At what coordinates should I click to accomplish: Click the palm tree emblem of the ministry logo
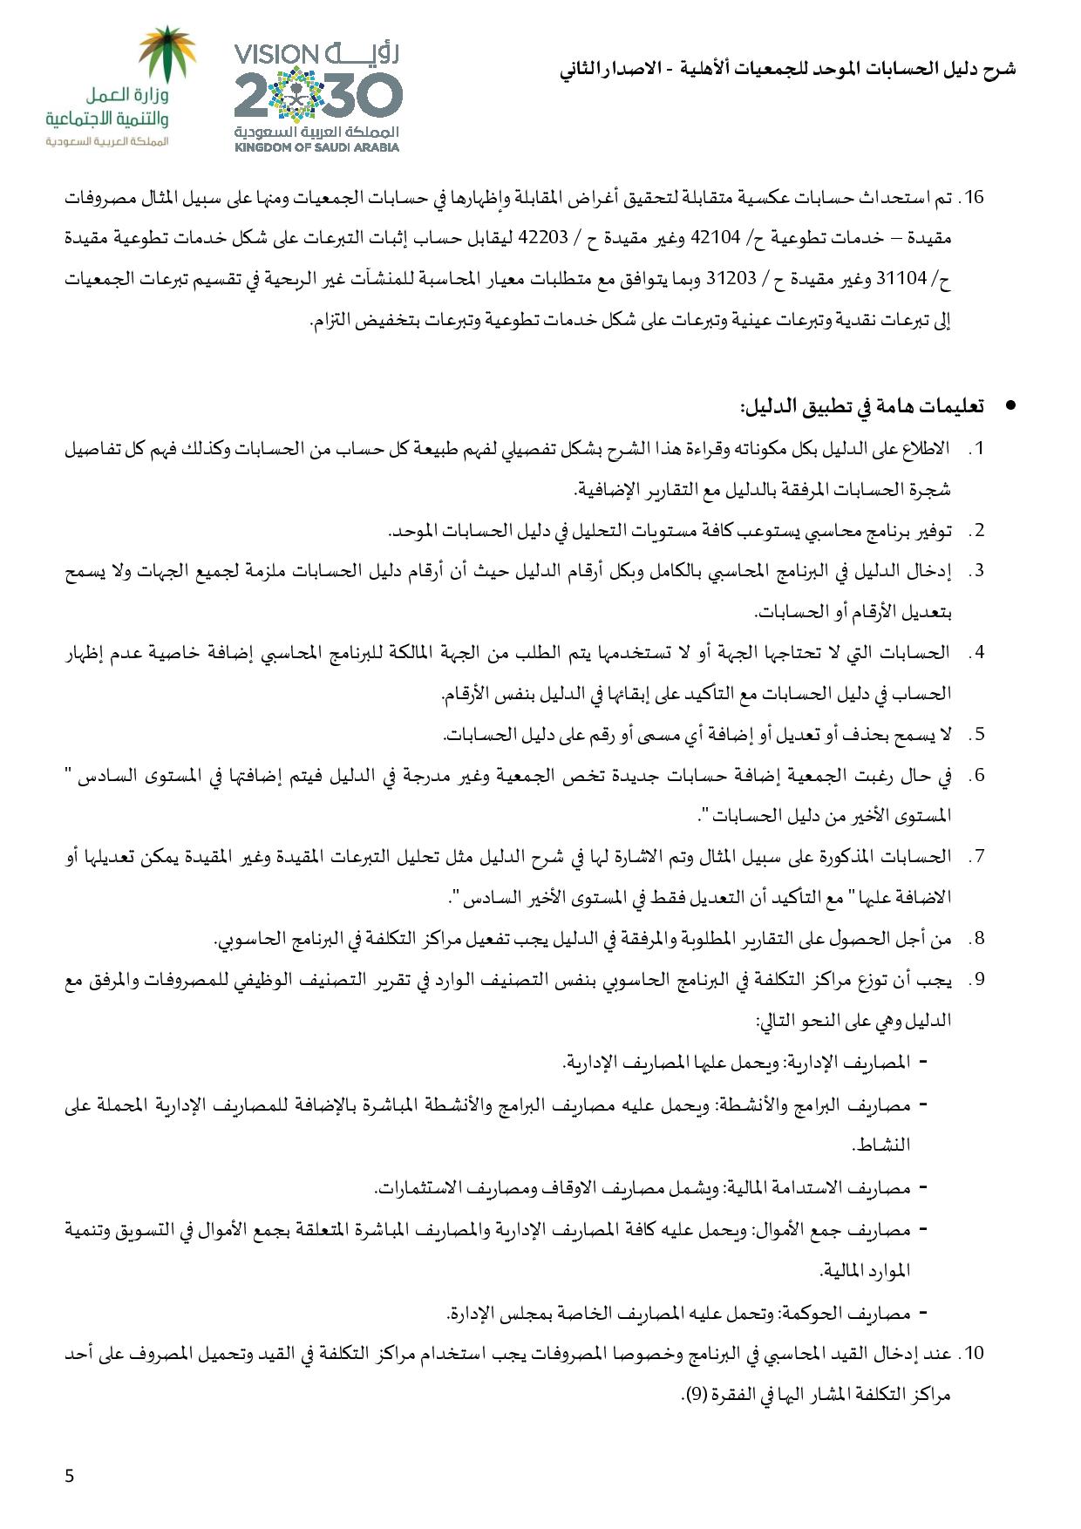[x=169, y=54]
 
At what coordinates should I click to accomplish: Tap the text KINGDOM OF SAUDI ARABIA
[x=316, y=147]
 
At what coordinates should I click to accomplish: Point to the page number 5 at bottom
[x=70, y=1476]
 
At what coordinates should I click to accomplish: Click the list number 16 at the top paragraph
[x=971, y=198]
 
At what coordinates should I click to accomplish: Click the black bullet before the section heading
[x=1010, y=405]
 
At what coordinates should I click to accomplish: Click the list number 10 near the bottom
[x=971, y=1354]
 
